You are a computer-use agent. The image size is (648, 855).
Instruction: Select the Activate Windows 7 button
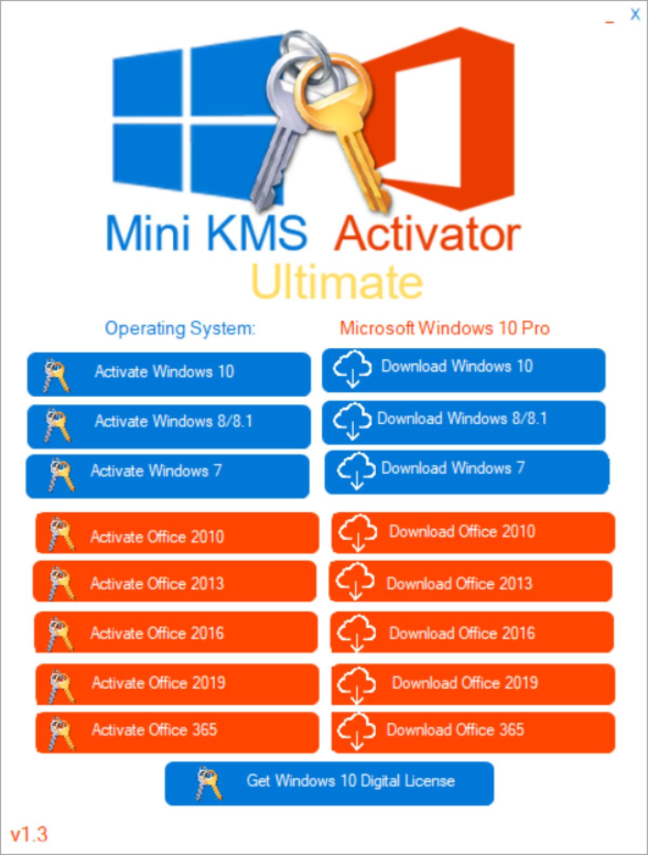tap(167, 476)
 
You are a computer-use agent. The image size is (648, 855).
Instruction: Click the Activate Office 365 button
tap(177, 732)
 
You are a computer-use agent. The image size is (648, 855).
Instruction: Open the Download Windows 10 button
tap(463, 370)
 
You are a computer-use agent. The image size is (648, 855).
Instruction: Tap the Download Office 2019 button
tap(473, 683)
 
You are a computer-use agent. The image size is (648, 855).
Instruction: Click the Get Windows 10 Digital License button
tap(329, 783)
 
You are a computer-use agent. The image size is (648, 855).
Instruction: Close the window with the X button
tap(635, 15)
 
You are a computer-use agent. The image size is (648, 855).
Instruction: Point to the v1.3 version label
tap(29, 834)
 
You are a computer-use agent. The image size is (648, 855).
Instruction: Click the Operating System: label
tap(180, 328)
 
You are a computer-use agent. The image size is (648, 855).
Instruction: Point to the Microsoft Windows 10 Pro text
tap(444, 328)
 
